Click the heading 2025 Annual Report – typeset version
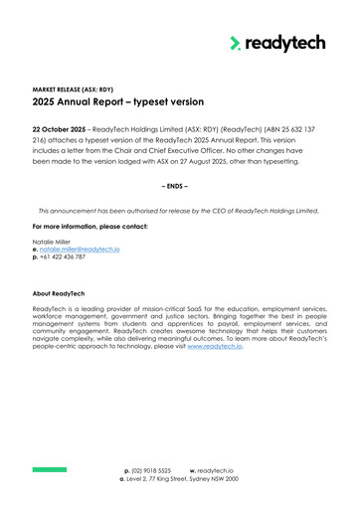118,101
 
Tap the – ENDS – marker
179,186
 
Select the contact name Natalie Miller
55,241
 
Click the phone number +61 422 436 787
63,256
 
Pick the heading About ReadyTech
64,292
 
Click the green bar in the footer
49,468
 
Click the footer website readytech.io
215,468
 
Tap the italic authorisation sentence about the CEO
179,211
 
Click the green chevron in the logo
236,43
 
